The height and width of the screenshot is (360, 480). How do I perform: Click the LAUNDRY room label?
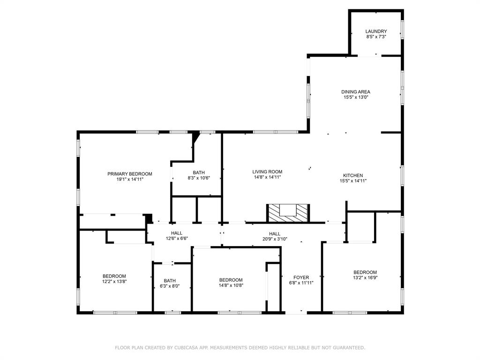click(x=376, y=31)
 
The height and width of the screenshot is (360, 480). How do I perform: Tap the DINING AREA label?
click(x=356, y=92)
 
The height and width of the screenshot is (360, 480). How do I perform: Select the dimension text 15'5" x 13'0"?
click(x=356, y=97)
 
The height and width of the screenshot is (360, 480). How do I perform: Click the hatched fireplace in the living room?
click(x=288, y=213)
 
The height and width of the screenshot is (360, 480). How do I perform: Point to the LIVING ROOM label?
click(x=267, y=172)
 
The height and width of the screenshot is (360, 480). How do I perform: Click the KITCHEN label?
click(x=352, y=175)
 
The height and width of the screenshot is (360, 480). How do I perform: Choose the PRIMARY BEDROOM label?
click(x=130, y=174)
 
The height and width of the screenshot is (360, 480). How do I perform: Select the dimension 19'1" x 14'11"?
click(x=130, y=179)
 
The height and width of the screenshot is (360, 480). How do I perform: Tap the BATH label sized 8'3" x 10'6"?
click(x=199, y=172)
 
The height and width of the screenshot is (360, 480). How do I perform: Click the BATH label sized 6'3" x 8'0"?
click(x=169, y=280)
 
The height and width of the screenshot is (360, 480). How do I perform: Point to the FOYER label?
click(x=301, y=277)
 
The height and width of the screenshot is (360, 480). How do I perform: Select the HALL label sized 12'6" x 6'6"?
click(x=177, y=233)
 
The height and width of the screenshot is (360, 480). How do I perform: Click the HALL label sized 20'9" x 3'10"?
click(x=275, y=233)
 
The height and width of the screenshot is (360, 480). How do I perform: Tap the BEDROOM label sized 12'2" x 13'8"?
click(x=114, y=276)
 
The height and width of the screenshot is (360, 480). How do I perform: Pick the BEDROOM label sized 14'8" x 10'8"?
click(x=231, y=280)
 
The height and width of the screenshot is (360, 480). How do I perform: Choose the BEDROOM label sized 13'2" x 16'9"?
click(x=365, y=272)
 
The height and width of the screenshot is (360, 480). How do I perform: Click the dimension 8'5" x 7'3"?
click(x=376, y=37)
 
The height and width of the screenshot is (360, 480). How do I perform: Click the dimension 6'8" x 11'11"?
click(x=301, y=283)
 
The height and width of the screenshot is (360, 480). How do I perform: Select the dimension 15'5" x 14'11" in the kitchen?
click(x=352, y=181)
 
